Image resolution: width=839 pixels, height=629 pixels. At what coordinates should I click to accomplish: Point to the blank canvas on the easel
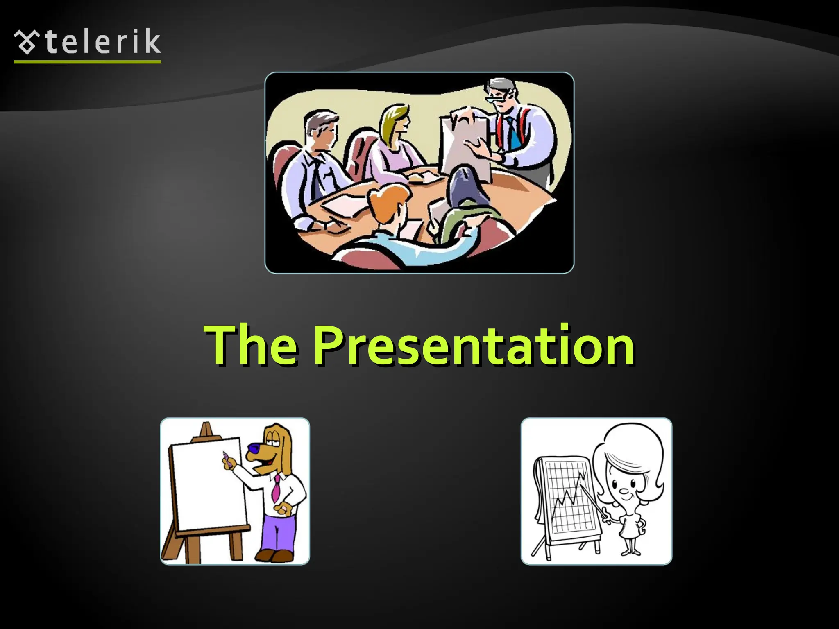pyautogui.click(x=207, y=483)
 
